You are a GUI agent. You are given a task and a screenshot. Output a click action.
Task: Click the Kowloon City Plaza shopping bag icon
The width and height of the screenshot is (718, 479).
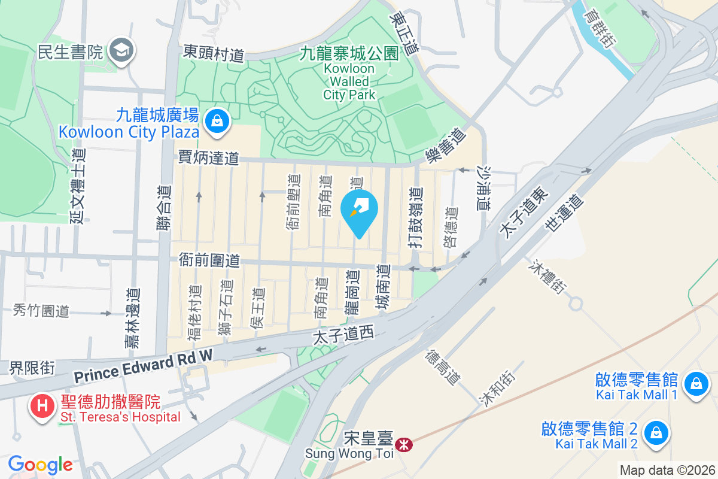click(x=217, y=121)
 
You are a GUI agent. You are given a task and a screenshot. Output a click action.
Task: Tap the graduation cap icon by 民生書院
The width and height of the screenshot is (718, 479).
click(x=123, y=51)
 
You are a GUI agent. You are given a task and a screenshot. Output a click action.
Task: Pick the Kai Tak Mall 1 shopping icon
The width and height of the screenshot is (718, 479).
click(x=696, y=383)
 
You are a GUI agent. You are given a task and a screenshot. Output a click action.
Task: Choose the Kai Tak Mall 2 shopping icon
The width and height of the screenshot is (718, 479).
click(x=656, y=432)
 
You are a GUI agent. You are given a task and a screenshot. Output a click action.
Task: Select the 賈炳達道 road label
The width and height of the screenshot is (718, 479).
click(x=209, y=158)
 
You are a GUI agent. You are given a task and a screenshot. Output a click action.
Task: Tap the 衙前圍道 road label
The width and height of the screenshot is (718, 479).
click(x=209, y=260)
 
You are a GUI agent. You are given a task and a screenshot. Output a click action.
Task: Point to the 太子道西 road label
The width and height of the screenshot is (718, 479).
click(x=343, y=335)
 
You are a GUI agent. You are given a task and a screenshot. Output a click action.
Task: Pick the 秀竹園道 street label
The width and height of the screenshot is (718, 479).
click(x=41, y=311)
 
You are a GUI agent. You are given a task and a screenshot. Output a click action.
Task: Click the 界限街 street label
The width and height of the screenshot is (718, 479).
click(x=32, y=368)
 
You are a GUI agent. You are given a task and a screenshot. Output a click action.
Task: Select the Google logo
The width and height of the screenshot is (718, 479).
click(x=40, y=464)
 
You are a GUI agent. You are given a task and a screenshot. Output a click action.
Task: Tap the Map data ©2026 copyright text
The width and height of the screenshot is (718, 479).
click(x=667, y=470)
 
